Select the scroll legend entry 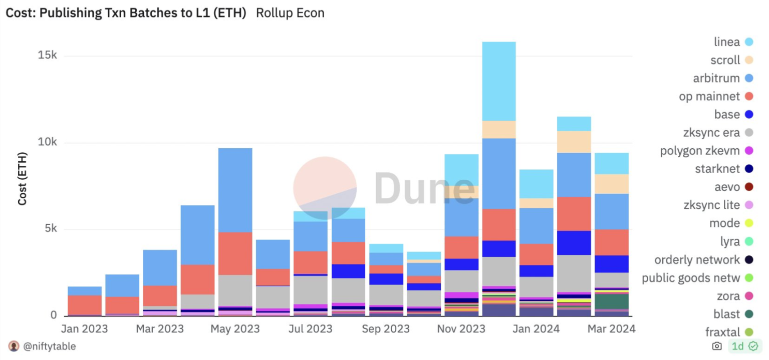point(732,60)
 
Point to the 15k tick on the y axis point(48,56)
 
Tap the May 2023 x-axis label point(235,329)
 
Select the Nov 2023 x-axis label point(461,329)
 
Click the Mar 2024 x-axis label point(611,329)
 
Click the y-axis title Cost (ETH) point(23,178)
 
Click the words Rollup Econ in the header point(290,13)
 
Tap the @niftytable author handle point(49,346)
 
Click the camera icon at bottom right point(717,346)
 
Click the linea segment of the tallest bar point(498,81)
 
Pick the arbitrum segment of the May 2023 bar point(235,190)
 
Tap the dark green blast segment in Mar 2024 point(611,301)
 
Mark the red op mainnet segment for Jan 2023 point(85,305)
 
